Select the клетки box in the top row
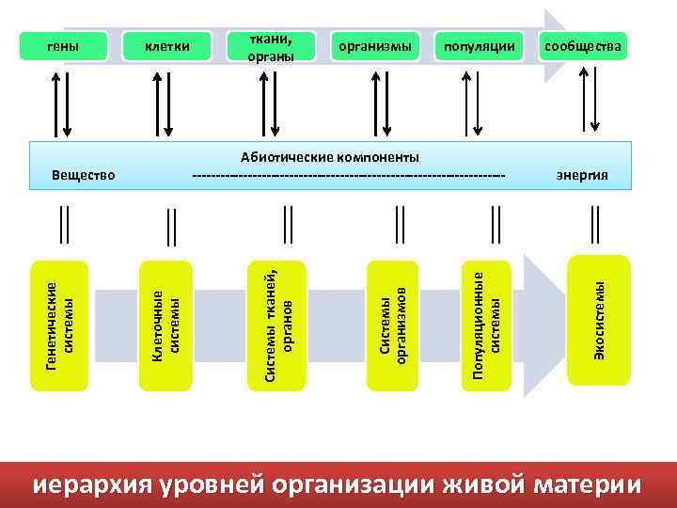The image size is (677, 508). (x=166, y=46)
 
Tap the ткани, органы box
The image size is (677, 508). (x=271, y=46)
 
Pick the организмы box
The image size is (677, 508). (x=375, y=46)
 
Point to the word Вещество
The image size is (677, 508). (x=84, y=175)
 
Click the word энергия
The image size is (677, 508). (x=582, y=175)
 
